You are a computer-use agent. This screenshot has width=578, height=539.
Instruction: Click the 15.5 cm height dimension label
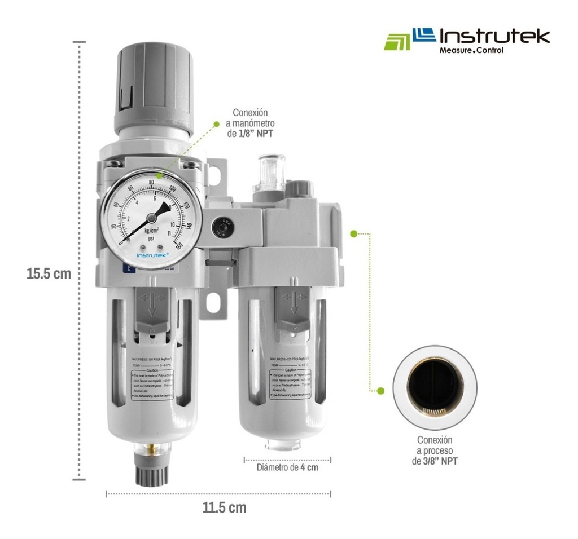pos(49,274)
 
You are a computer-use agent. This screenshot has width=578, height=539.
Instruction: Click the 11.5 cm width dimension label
pos(224,507)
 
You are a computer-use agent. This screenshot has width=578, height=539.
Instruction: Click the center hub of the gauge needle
pos(151,218)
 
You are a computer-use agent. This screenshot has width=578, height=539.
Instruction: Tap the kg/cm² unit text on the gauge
pos(151,231)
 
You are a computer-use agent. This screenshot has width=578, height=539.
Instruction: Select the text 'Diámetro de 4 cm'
pos(287,467)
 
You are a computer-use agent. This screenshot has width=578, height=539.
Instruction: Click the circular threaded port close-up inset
pos(434,387)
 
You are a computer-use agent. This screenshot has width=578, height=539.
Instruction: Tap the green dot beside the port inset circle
pos(380,390)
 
